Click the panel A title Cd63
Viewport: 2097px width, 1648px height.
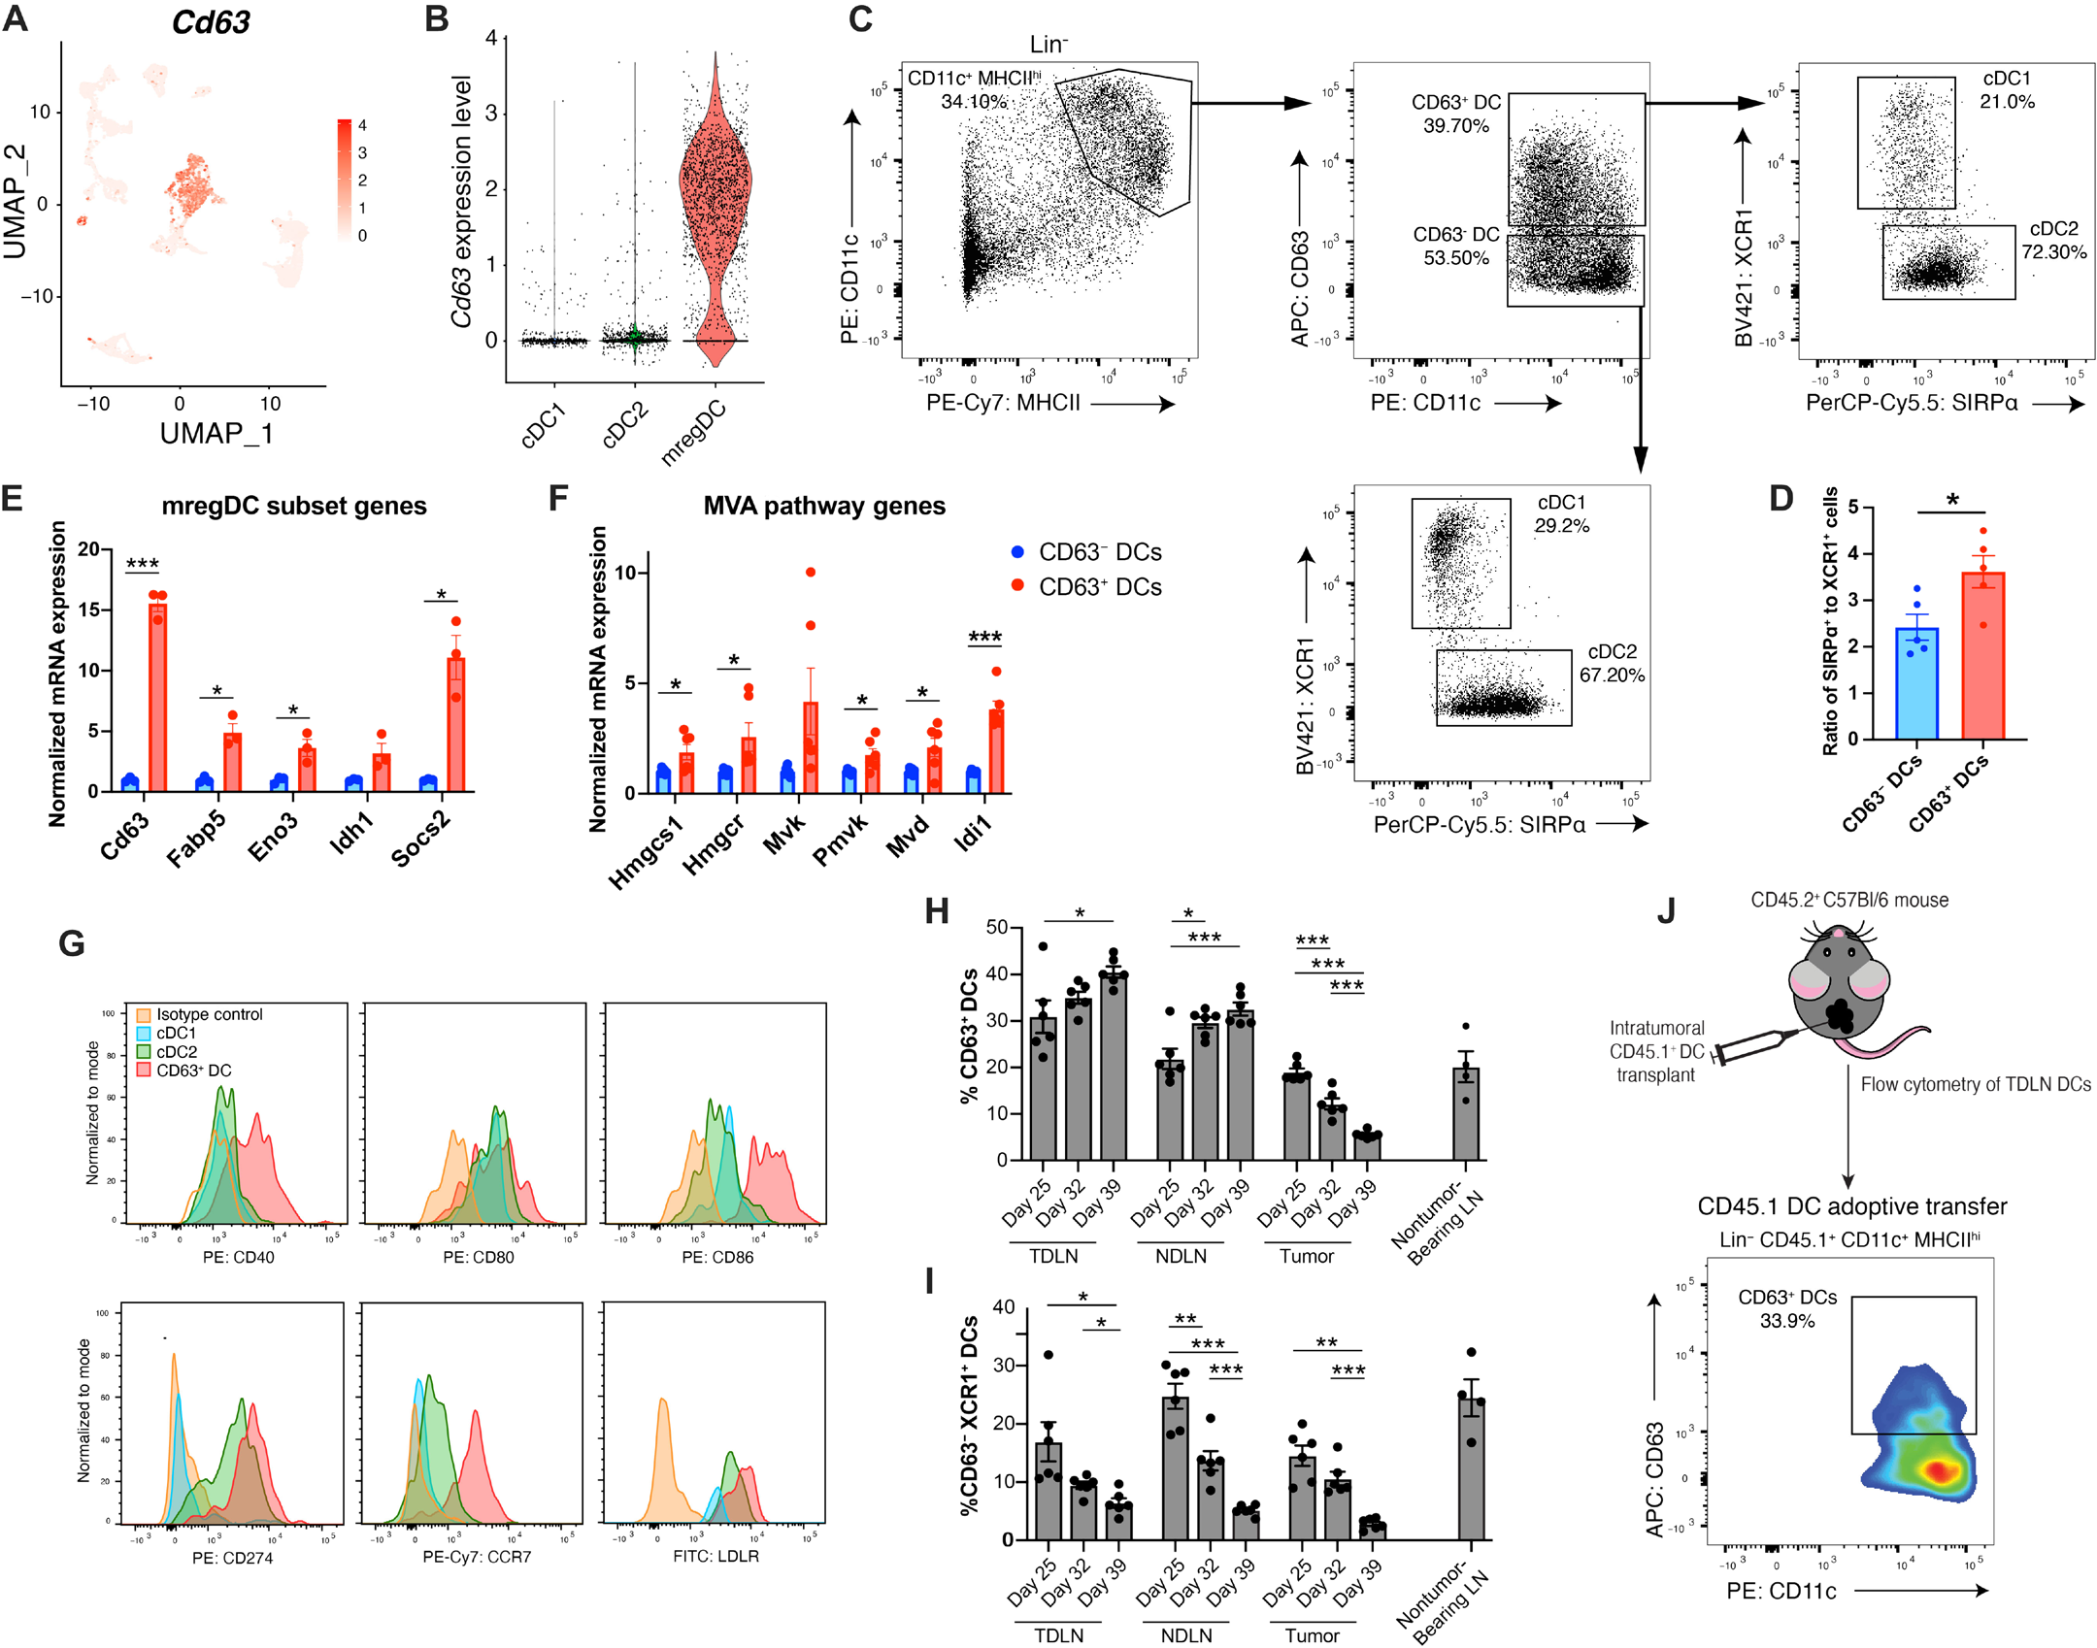pyautogui.click(x=211, y=21)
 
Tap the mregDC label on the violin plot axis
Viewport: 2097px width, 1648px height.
pyautogui.click(x=693, y=432)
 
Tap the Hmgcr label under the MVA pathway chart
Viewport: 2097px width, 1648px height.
pyautogui.click(x=714, y=844)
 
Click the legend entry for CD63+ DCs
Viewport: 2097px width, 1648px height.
pyautogui.click(x=1100, y=587)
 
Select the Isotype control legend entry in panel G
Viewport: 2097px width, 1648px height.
pyautogui.click(x=209, y=1014)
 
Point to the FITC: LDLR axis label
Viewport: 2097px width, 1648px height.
pyautogui.click(x=716, y=1556)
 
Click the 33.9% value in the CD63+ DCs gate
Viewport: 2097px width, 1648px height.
pyautogui.click(x=1786, y=1321)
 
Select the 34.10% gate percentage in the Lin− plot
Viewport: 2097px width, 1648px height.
pyautogui.click(x=973, y=102)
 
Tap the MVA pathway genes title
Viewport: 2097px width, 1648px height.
pyautogui.click(x=824, y=506)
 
